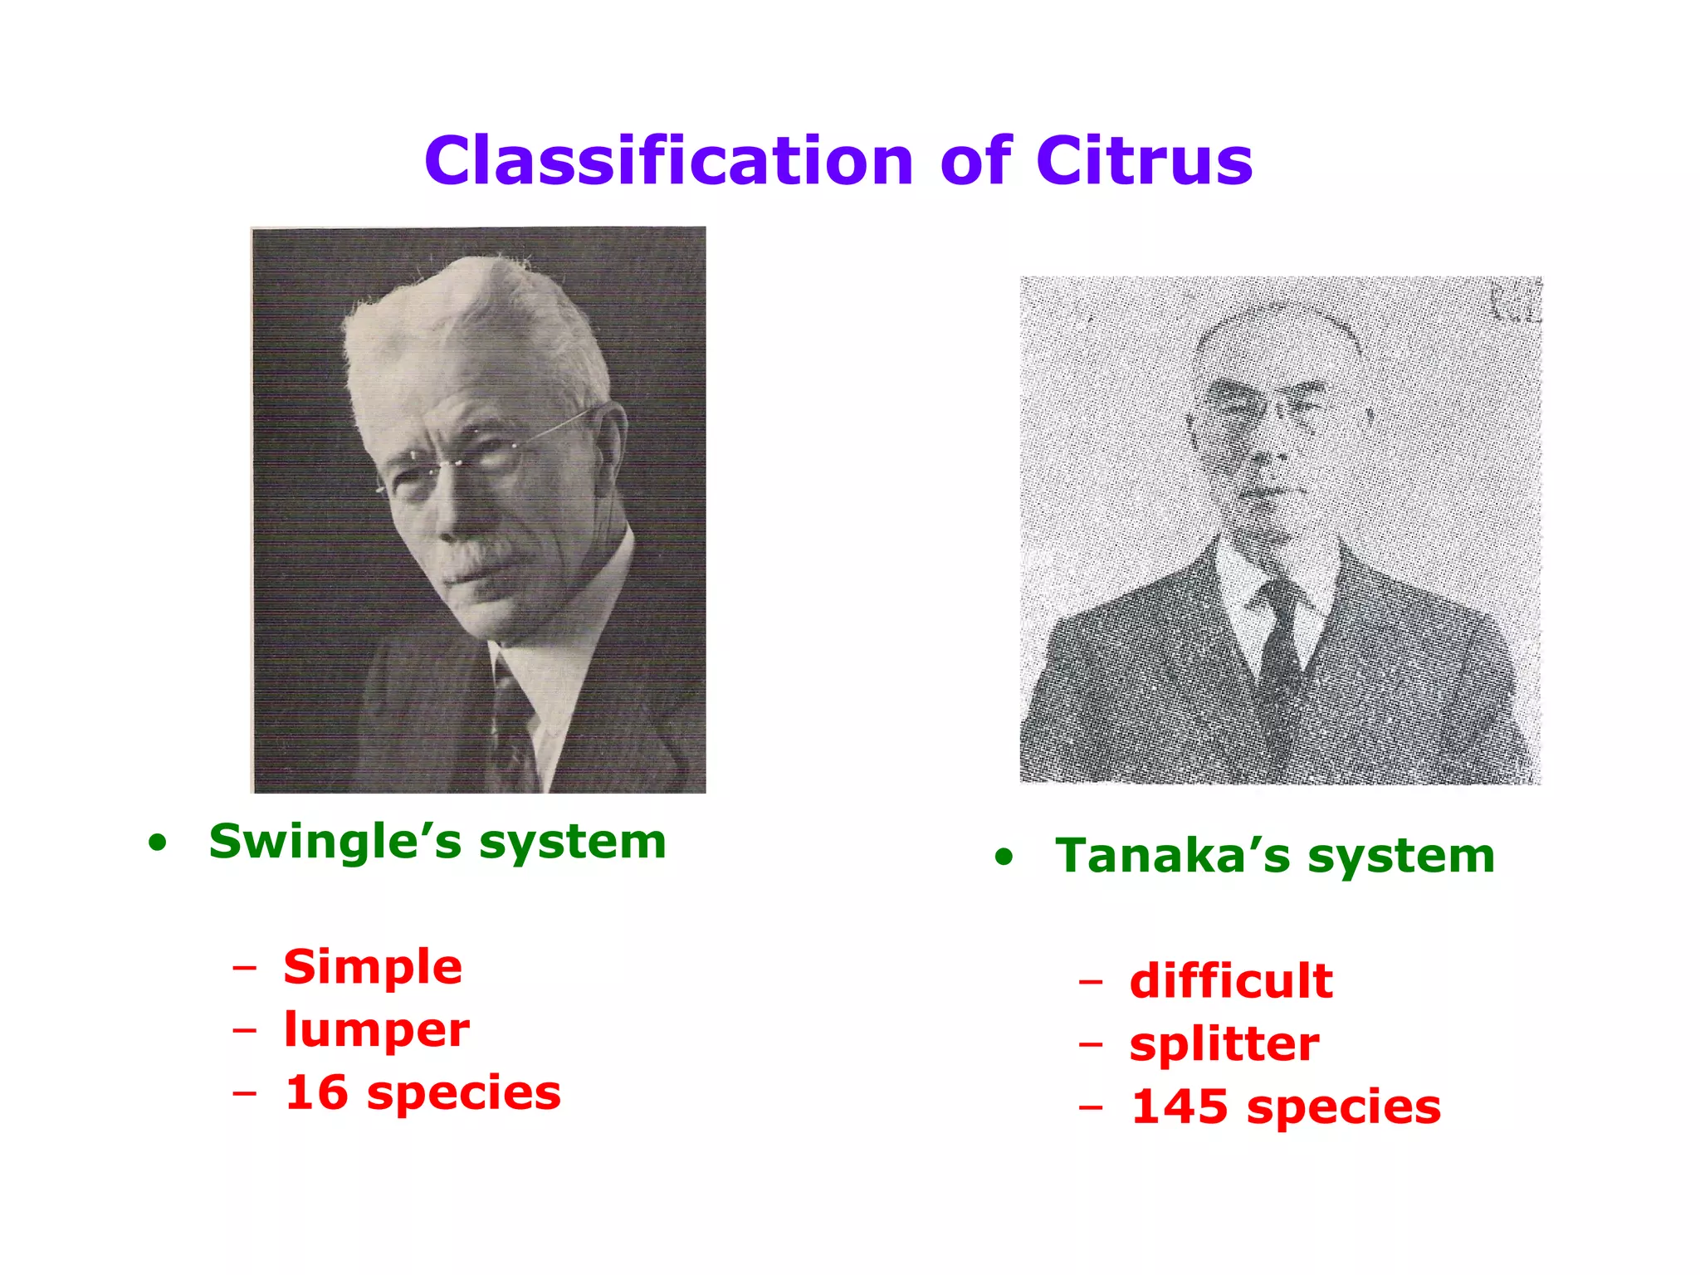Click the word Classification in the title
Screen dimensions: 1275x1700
[668, 161]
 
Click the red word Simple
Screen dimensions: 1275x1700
[373, 968]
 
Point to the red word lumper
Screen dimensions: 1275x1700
[377, 1031]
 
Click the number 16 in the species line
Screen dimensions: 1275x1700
[316, 1093]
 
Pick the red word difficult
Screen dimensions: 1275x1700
[1231, 981]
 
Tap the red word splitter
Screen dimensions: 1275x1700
[1224, 1044]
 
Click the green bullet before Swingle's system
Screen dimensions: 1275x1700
[158, 845]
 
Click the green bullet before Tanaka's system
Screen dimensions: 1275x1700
[1004, 858]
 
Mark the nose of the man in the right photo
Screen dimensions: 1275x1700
[1274, 457]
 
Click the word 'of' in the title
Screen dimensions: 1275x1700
[976, 161]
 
